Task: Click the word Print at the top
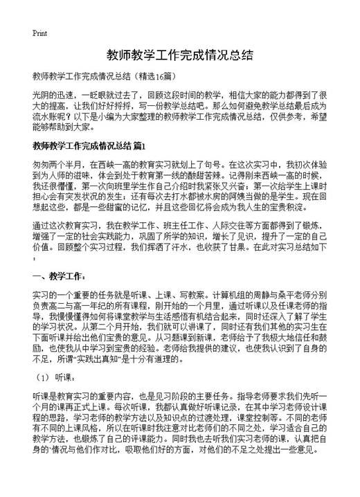pos(39,33)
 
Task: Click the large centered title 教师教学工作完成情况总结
pos(179,55)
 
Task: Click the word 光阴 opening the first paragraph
pos(40,94)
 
